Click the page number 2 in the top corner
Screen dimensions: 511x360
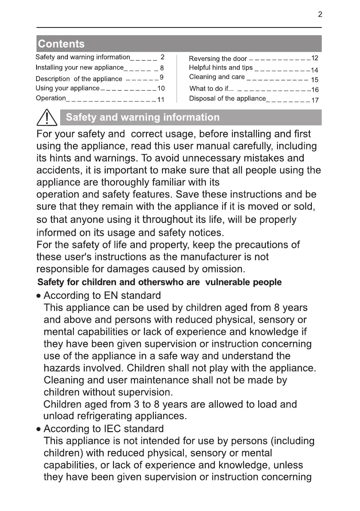click(320, 15)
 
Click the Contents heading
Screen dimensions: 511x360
click(61, 44)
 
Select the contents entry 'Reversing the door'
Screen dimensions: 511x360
click(218, 58)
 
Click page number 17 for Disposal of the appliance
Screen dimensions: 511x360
click(315, 100)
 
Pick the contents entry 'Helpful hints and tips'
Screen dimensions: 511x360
click(221, 68)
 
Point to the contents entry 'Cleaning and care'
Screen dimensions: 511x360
click(217, 77)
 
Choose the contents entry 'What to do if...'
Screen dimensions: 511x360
click(211, 89)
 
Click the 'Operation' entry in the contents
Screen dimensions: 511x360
click(50, 98)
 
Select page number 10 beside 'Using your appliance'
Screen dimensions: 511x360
click(161, 88)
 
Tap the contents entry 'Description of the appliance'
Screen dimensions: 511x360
click(79, 79)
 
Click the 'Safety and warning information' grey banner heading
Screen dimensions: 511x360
click(143, 117)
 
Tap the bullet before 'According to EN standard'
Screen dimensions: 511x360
click(39, 296)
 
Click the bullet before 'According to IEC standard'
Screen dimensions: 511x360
click(39, 429)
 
